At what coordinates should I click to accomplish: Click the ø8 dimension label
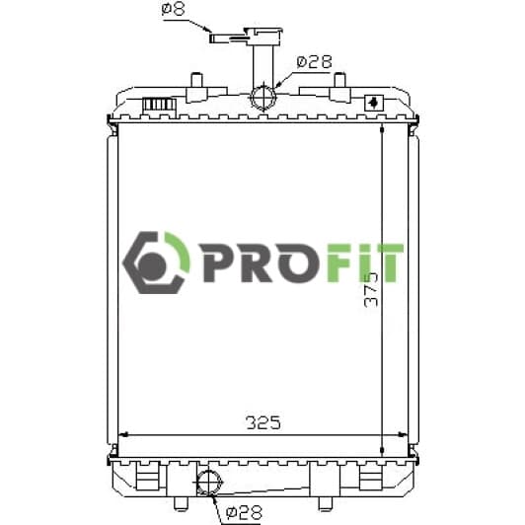pos(173,9)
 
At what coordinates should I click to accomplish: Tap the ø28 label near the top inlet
pos(314,62)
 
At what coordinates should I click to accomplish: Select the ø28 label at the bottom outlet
pos(244,511)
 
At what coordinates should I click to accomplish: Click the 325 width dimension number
pos(263,423)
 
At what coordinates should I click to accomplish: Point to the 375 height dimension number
pos(371,290)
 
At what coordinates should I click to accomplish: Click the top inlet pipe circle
pos(263,97)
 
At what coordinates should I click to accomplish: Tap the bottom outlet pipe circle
pos(209,483)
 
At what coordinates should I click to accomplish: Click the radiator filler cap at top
pos(263,37)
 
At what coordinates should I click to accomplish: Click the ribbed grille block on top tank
pos(160,105)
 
